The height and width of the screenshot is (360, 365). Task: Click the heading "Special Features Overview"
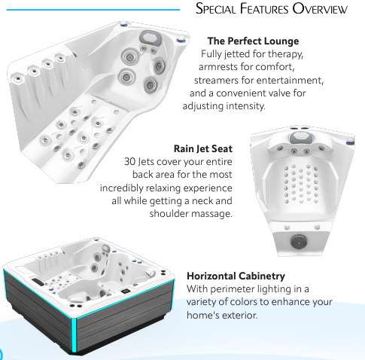pos(272,8)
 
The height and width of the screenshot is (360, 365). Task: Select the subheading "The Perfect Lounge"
pos(253,41)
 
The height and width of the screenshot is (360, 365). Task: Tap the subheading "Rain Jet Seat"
pos(203,148)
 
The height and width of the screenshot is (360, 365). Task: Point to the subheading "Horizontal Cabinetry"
pos(236,276)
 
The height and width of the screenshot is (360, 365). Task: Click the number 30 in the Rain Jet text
pos(130,162)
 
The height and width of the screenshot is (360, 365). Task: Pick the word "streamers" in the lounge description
pos(216,81)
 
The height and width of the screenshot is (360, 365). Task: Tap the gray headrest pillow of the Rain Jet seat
pos(302,138)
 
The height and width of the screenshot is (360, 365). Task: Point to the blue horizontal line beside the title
pos(93,10)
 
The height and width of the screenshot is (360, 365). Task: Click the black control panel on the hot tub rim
pos(125,291)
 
